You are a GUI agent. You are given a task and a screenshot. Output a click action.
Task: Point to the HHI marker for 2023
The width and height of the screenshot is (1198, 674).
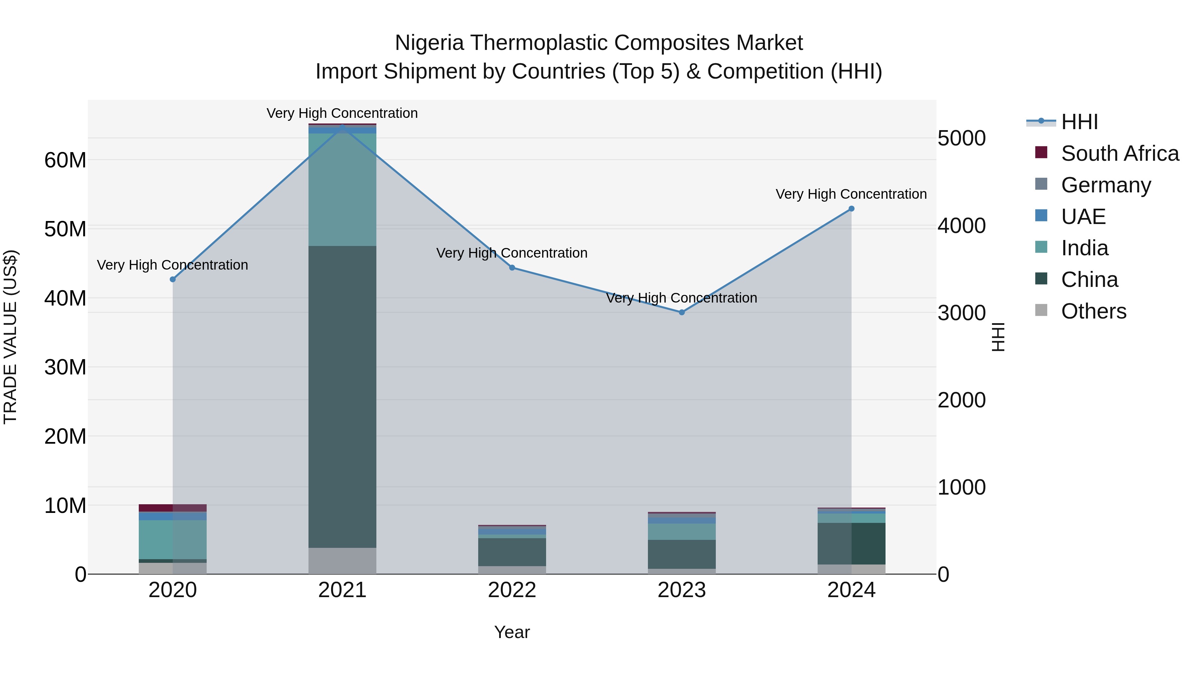point(682,313)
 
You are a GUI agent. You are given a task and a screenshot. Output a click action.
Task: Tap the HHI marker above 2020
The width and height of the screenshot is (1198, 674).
point(172,280)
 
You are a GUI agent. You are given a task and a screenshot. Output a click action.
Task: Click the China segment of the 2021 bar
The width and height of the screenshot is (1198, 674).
point(342,395)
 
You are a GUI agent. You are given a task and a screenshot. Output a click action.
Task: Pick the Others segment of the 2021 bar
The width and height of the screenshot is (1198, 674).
point(342,561)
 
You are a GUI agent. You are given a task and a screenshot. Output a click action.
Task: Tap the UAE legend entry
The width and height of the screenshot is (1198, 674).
point(1083,217)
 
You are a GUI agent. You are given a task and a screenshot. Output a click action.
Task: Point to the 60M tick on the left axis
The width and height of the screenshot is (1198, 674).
point(65,160)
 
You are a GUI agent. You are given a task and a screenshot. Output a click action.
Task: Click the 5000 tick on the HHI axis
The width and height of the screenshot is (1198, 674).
point(961,138)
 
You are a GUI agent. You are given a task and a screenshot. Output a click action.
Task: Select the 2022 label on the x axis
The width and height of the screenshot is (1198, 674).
point(512,590)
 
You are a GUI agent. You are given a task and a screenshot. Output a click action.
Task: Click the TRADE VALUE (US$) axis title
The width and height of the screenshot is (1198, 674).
point(10,337)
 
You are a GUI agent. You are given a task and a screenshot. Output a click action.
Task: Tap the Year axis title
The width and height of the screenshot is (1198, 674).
point(512,632)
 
